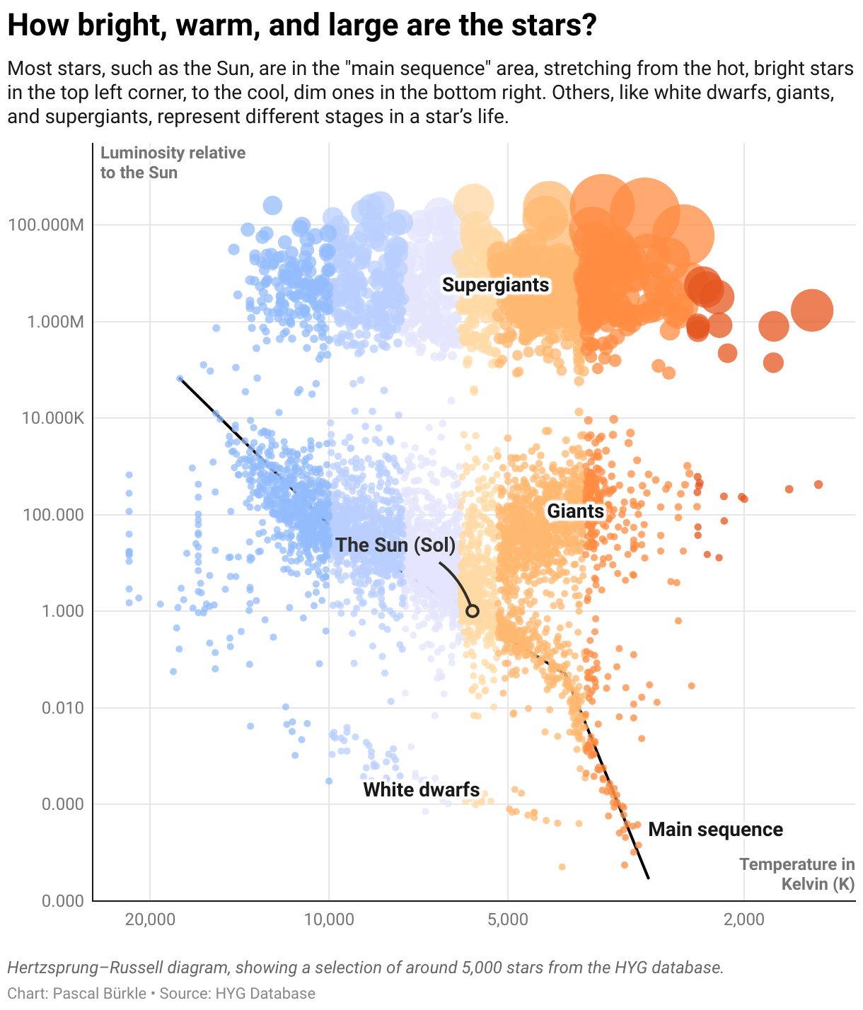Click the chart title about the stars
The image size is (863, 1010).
[302, 26]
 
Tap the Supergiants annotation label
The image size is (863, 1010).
[495, 285]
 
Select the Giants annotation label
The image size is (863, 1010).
[576, 511]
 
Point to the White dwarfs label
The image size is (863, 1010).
[422, 790]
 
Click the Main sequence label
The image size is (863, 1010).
[715, 830]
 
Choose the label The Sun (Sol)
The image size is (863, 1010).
[395, 545]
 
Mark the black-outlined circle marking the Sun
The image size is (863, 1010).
[473, 611]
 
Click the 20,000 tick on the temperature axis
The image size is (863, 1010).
[149, 919]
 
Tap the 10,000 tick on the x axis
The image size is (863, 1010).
[329, 919]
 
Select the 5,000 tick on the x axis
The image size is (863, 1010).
[508, 919]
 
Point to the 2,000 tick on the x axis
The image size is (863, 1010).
[744, 919]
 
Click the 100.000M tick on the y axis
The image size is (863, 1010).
[46, 226]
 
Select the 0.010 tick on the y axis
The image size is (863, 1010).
[64, 708]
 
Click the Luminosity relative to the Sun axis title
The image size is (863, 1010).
[173, 163]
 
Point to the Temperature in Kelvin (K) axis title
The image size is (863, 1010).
[797, 874]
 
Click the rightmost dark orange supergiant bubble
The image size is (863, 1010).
[811, 310]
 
